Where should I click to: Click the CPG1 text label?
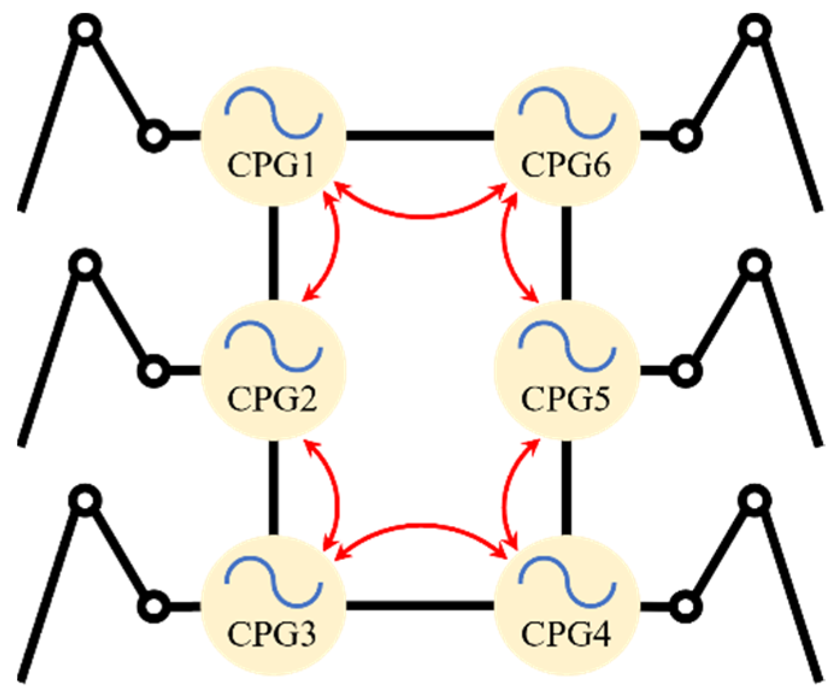tap(271, 164)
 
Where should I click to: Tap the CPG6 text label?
tap(565, 164)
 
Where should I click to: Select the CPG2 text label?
tap(272, 398)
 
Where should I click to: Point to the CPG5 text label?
tap(565, 398)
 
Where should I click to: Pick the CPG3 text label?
tap(272, 633)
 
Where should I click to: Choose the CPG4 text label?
tap(565, 633)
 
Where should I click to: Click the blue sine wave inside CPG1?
tap(274, 112)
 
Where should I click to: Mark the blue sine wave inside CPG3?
tap(274, 580)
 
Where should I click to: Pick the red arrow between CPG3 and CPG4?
tap(420, 526)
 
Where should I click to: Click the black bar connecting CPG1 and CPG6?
tap(420, 135)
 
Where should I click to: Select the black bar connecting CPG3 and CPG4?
tap(420, 604)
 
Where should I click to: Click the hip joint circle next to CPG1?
tap(154, 135)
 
